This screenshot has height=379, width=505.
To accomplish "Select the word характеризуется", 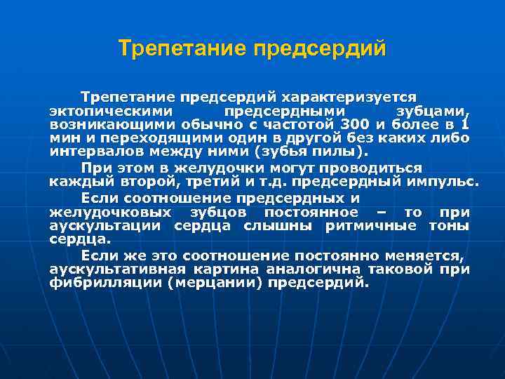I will tap(364, 96).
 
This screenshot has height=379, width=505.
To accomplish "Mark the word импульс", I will tap(441, 182).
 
